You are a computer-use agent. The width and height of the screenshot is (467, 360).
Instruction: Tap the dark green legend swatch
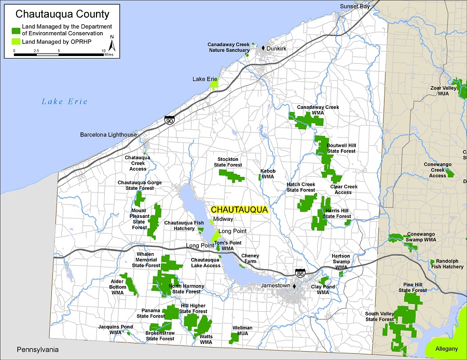16,30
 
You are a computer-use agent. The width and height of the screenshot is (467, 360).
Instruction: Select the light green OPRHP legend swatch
16,41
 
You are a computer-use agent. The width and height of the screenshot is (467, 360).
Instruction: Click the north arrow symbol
112,45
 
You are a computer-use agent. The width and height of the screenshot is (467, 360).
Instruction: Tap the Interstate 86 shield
299,272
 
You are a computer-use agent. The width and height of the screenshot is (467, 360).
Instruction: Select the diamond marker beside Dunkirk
263,48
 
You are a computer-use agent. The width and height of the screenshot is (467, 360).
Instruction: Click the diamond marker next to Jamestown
294,286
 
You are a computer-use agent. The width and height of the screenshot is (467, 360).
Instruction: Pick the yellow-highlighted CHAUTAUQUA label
239,210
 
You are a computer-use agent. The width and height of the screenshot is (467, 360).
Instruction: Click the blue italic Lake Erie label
64,102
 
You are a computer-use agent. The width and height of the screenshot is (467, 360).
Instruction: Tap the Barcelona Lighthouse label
108,135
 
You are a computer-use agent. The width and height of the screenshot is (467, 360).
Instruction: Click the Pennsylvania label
37,349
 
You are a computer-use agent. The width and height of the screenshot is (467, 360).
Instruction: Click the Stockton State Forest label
228,162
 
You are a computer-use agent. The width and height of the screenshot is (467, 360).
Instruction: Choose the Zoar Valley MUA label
439,91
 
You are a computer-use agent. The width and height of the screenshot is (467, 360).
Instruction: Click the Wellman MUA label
243,330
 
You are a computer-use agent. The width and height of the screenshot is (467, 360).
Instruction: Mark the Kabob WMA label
268,174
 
